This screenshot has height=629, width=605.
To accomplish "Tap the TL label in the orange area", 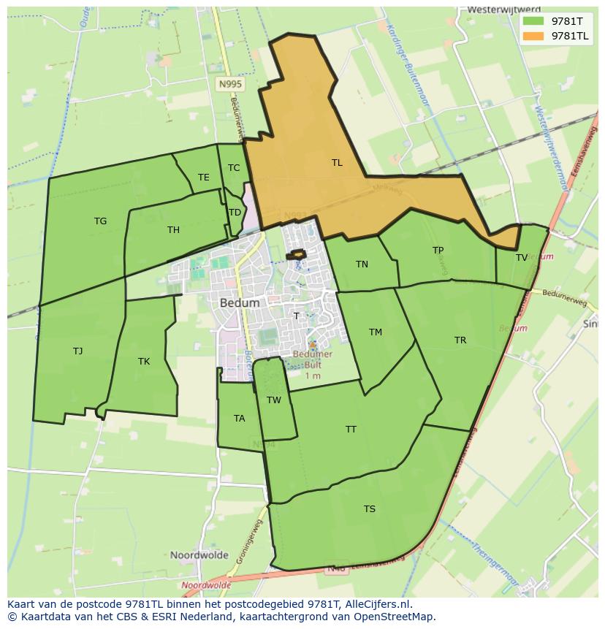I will click(x=337, y=163).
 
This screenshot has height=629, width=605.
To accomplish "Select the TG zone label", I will click(x=100, y=221).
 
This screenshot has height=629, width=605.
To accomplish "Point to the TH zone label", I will click(x=173, y=230).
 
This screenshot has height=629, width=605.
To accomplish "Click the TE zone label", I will click(x=203, y=178).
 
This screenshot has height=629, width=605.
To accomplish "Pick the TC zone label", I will click(x=234, y=168).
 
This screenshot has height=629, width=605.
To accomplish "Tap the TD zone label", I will click(x=235, y=213).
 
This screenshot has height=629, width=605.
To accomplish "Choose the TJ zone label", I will click(x=77, y=351).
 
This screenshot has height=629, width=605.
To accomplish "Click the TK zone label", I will click(x=144, y=362).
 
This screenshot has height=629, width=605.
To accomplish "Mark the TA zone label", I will click(x=239, y=419).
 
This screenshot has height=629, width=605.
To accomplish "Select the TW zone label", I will click(x=274, y=400).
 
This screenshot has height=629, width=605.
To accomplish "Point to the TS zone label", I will click(x=370, y=509).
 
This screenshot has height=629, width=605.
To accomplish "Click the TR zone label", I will click(x=460, y=340).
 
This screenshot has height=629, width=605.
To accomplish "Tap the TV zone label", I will click(x=522, y=258).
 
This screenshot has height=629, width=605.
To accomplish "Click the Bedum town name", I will click(x=239, y=302).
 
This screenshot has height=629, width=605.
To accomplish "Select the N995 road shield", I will click(x=230, y=85).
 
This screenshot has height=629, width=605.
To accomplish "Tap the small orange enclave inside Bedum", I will click(x=295, y=254).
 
